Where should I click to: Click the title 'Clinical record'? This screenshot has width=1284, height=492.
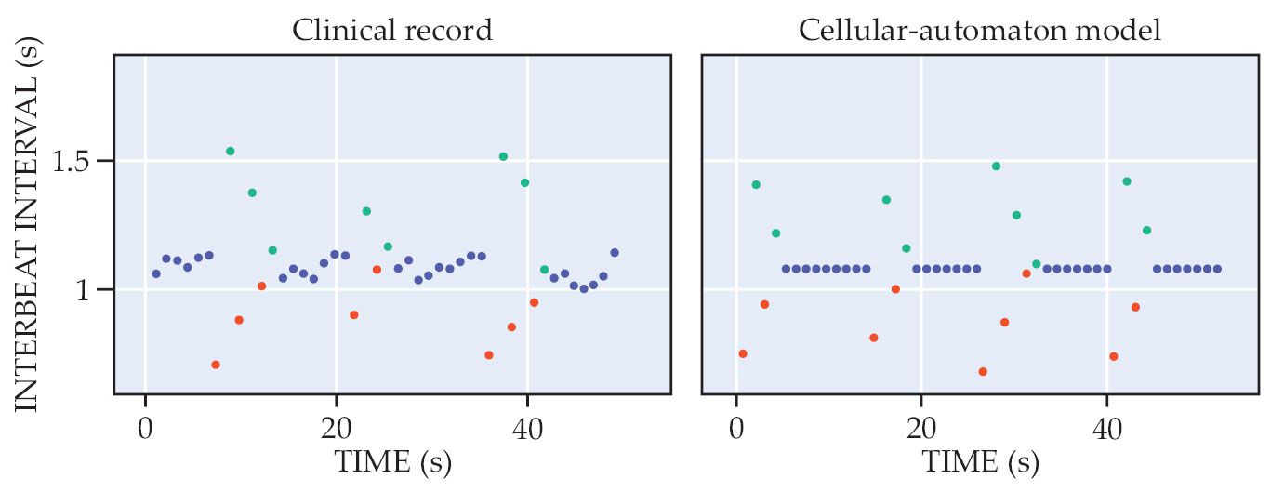[391, 31]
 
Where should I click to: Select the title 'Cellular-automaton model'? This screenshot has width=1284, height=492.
[980, 31]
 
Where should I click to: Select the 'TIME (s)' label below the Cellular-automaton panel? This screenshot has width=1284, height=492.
[980, 462]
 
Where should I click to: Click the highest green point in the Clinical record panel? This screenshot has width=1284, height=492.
[231, 151]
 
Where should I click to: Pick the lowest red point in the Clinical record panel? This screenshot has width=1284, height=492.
[216, 365]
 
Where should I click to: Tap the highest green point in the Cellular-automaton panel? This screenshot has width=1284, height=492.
[996, 166]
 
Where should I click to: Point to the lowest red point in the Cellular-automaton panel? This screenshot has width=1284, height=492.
[983, 371]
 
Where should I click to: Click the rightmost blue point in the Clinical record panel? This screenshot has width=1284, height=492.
[615, 253]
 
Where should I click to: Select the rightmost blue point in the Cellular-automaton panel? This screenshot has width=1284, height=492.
[1217, 269]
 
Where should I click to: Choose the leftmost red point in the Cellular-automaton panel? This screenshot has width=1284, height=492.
[743, 353]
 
